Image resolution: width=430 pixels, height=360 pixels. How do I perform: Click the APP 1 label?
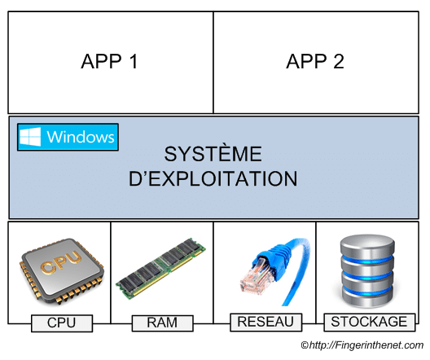[x=109, y=61]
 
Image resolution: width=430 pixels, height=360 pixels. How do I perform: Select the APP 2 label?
[x=315, y=61]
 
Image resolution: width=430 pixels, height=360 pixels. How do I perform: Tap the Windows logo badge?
[x=68, y=137]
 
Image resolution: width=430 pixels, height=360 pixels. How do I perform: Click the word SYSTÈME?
[x=213, y=154]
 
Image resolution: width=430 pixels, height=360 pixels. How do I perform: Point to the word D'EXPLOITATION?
[x=213, y=178]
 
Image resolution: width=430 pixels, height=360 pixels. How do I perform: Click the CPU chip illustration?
[x=62, y=271]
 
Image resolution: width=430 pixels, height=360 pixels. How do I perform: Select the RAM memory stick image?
[x=160, y=269]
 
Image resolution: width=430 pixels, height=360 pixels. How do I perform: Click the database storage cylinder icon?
[x=367, y=271]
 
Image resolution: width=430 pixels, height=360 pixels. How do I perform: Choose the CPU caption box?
[x=62, y=323]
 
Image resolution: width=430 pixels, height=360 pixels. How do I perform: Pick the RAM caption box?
[x=162, y=323]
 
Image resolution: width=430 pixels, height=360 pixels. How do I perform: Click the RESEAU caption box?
[x=265, y=323]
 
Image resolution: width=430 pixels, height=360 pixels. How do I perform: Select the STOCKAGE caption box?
[x=369, y=323]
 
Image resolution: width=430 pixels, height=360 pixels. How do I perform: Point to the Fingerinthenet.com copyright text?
[x=362, y=345]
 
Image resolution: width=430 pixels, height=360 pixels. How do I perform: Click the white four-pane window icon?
[x=30, y=137]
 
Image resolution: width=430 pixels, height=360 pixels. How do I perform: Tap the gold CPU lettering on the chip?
[x=61, y=261]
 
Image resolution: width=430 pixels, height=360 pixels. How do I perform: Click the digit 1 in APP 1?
[x=134, y=61]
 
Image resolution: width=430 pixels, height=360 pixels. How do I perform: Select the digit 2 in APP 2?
[x=339, y=61]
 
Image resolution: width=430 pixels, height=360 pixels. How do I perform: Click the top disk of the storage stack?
[x=367, y=245]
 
